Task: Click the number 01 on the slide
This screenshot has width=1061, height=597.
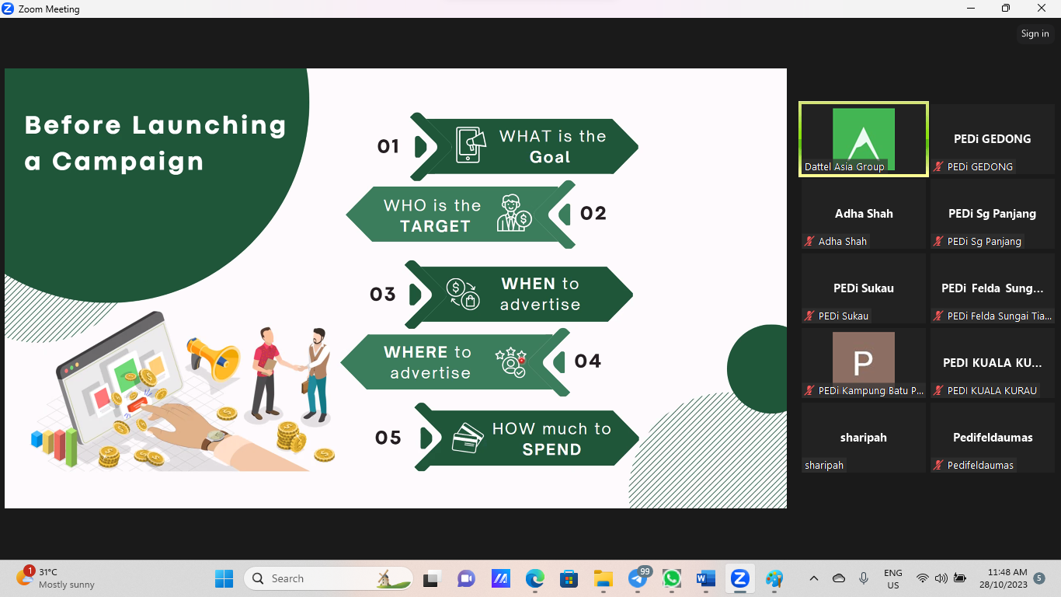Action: (x=388, y=146)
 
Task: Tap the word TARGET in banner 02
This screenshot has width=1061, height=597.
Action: (x=435, y=226)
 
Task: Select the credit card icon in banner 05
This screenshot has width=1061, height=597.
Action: (x=468, y=438)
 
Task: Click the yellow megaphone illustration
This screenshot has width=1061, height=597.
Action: (x=213, y=358)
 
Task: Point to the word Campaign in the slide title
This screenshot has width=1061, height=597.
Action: (x=128, y=162)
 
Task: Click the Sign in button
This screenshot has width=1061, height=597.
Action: (x=1035, y=33)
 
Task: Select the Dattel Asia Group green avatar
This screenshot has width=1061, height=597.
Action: (x=864, y=138)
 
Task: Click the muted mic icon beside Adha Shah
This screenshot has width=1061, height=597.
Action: (x=809, y=241)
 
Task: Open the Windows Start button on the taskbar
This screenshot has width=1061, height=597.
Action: (x=224, y=578)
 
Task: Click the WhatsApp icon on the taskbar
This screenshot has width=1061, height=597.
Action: (x=672, y=578)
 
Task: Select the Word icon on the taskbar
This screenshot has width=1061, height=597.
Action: (x=706, y=578)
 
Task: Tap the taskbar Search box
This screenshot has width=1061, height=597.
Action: (x=329, y=578)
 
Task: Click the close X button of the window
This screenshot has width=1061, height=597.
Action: (x=1041, y=8)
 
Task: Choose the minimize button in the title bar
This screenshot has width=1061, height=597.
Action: (x=971, y=8)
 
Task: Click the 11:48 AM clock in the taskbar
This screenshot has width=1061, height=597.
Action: (x=1007, y=572)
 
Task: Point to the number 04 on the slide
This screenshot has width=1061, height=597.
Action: (x=587, y=361)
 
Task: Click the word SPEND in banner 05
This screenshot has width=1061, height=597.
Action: (x=551, y=449)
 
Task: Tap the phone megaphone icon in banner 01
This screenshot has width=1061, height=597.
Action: (x=471, y=145)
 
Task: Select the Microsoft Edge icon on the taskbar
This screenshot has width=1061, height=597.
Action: (x=534, y=578)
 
